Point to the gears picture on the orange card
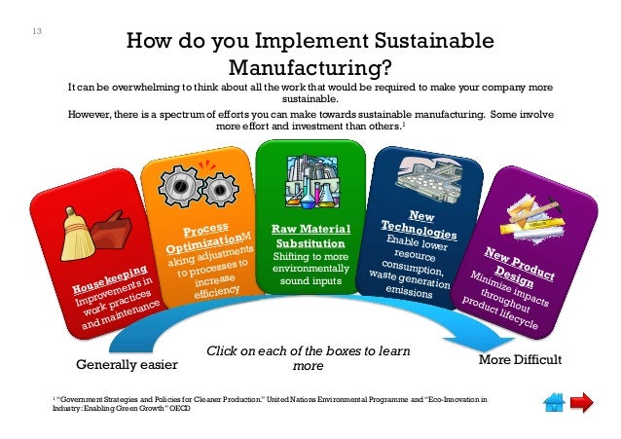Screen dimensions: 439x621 point(186,188)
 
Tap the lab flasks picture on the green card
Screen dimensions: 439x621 point(310,184)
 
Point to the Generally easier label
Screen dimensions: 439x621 point(128,365)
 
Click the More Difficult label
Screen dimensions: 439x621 point(521,360)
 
